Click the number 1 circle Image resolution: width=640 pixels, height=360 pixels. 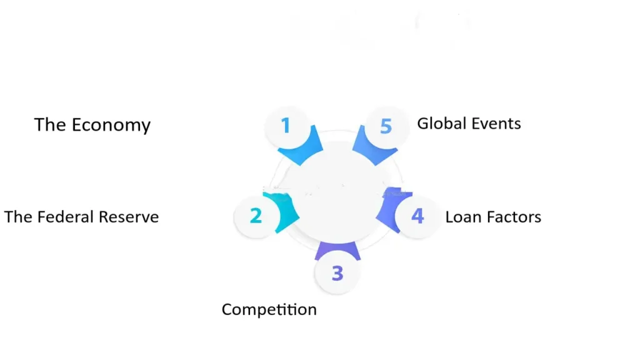click(x=286, y=126)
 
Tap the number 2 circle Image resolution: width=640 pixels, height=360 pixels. click(x=255, y=216)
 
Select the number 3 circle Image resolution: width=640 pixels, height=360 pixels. click(x=337, y=273)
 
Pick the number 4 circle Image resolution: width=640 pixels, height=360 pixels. click(x=417, y=216)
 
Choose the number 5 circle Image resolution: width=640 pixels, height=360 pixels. click(x=386, y=126)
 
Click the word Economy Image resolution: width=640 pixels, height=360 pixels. click(x=111, y=125)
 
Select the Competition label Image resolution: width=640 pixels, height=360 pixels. click(x=269, y=309)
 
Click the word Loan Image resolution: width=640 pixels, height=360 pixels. click(x=462, y=217)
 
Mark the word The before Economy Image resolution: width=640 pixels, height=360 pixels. click(x=50, y=125)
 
